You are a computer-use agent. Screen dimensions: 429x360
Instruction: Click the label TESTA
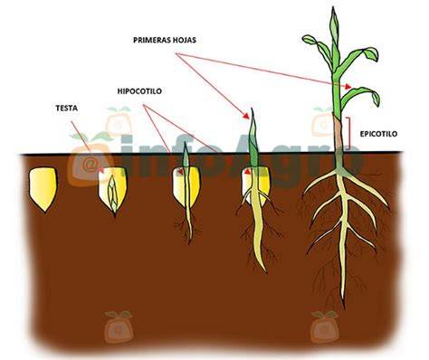[67, 108]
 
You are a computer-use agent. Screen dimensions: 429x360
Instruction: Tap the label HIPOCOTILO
[139, 91]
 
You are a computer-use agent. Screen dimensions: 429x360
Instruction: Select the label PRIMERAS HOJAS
[165, 40]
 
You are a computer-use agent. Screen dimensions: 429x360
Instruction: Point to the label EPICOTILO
[378, 134]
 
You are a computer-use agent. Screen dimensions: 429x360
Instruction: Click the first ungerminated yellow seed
[43, 189]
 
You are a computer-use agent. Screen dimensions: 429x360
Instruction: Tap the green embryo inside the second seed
[113, 194]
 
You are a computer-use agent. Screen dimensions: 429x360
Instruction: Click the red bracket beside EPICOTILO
[348, 134]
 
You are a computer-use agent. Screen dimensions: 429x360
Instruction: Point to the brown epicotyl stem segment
[338, 133]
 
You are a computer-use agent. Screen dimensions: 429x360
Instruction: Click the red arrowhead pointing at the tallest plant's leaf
[348, 87]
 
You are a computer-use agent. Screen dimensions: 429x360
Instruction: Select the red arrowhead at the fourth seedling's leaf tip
[246, 116]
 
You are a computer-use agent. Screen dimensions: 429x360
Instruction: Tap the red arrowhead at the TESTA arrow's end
[101, 171]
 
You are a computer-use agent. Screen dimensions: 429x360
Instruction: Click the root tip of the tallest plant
[343, 307]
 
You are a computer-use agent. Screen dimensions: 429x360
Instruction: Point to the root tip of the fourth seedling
[265, 271]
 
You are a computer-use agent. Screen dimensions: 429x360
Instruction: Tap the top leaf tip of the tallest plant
[333, 8]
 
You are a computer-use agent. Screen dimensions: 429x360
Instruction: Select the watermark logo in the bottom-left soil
[119, 327]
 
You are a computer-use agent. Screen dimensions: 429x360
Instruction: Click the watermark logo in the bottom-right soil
[325, 327]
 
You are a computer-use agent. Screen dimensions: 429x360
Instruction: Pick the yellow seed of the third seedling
[186, 187]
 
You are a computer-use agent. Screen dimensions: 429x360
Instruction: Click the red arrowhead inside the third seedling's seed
[181, 172]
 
